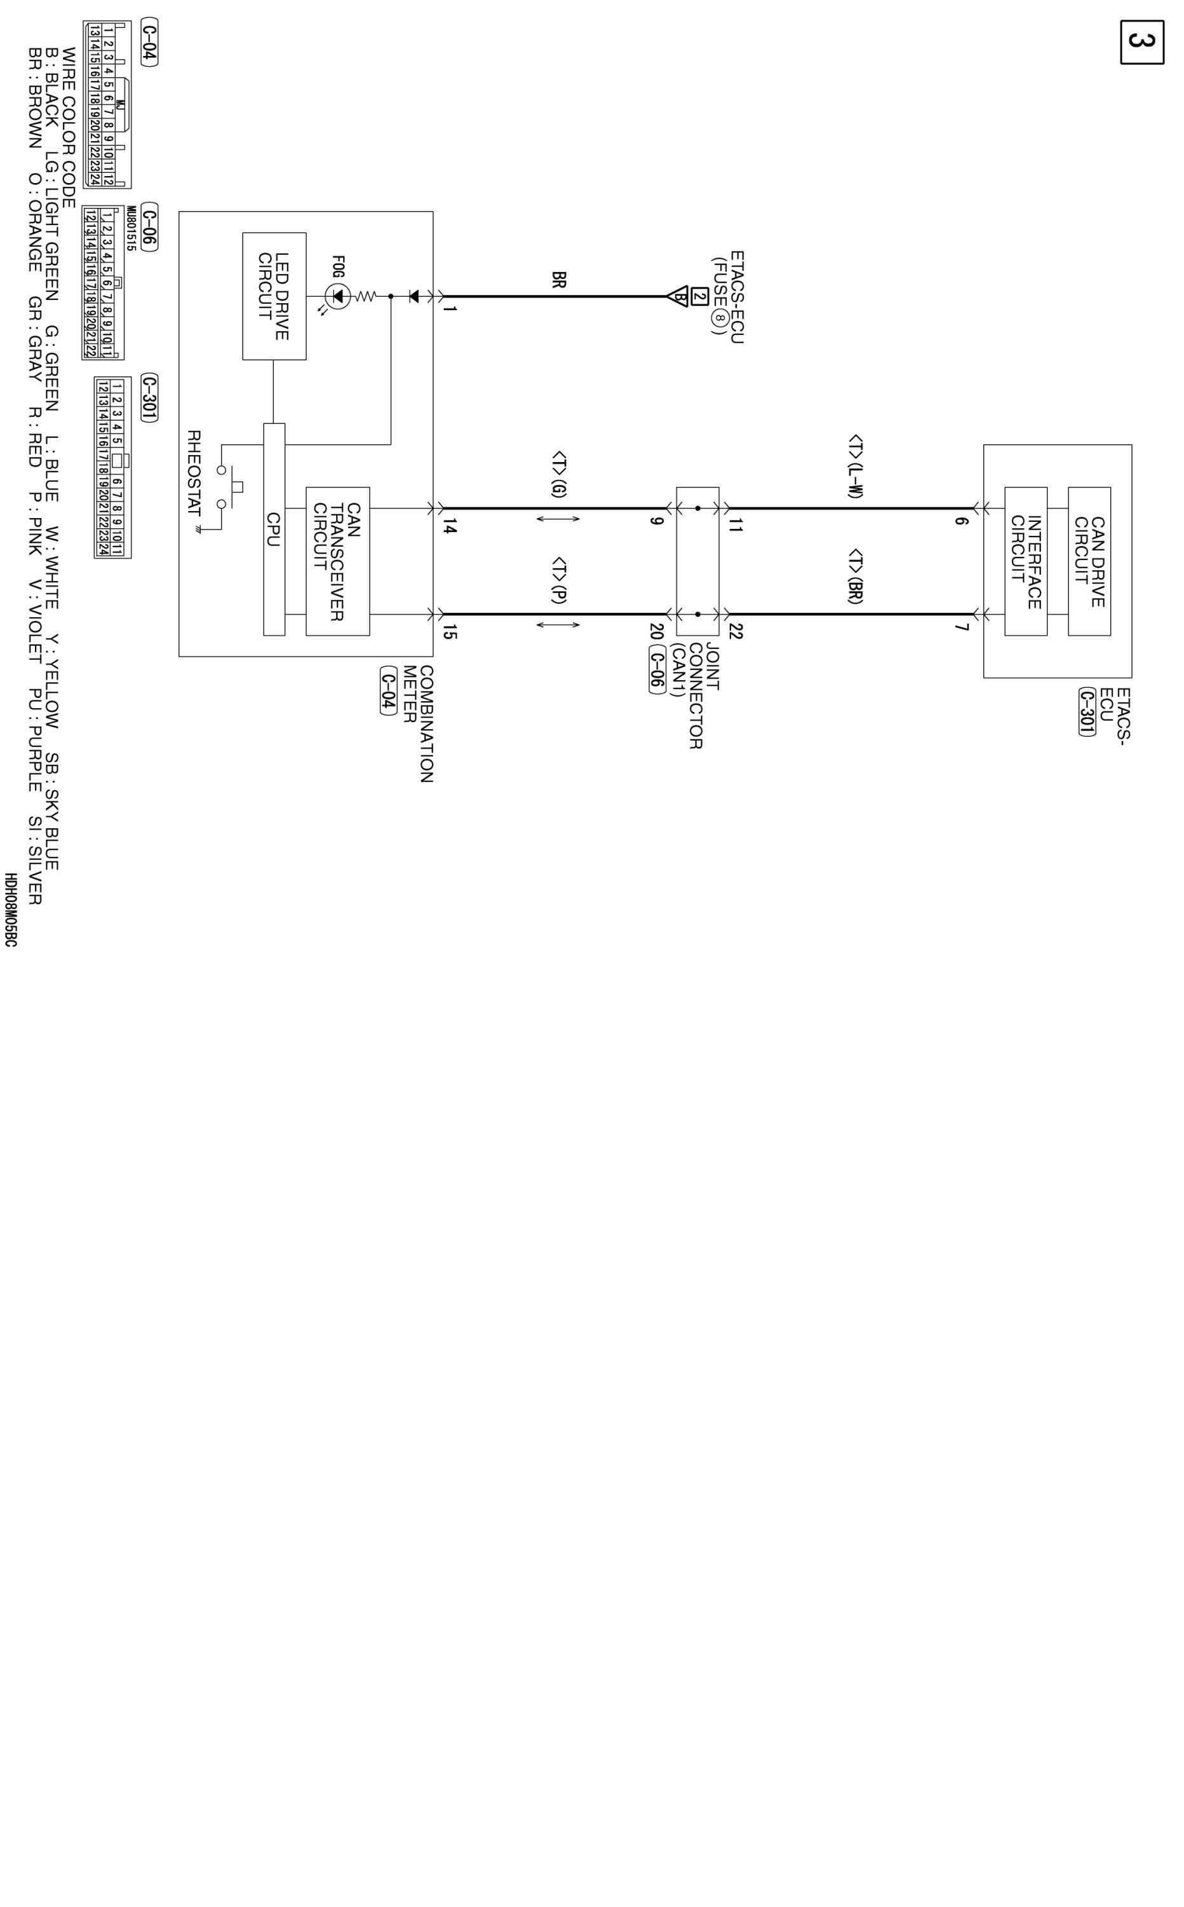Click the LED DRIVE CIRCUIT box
coord(274,296)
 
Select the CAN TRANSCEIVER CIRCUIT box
coord(337,561)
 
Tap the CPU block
coord(274,529)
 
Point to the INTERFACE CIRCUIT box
coord(1026,561)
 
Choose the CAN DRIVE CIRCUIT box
coord(1089,561)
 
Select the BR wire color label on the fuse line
coord(558,280)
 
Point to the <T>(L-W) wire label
coord(855,467)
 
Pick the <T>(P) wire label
coord(558,580)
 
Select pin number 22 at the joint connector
coord(734,631)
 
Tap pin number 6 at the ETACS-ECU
coord(962,520)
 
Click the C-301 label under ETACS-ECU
coord(1086,711)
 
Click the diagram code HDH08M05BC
coord(10,910)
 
